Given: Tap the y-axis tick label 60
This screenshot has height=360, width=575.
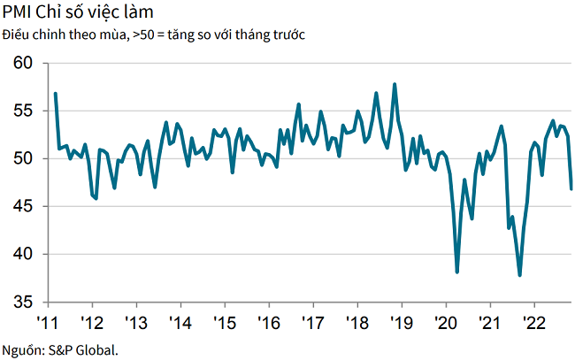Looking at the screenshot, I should (23, 64).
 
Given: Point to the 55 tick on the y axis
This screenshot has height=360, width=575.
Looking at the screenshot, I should (23, 111).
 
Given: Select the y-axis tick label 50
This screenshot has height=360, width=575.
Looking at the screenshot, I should (23, 159).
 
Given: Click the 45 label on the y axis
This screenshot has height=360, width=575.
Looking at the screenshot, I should (23, 207).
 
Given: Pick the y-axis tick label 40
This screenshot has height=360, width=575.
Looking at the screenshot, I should (23, 255).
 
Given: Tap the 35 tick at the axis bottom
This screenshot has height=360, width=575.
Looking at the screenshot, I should (23, 303).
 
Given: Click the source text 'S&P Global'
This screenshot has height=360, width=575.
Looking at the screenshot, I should (86, 349).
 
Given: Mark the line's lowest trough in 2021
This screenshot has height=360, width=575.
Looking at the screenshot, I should (520, 275).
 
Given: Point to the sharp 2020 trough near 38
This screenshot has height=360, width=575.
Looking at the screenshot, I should (457, 272).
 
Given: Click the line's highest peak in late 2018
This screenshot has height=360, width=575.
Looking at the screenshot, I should (394, 85).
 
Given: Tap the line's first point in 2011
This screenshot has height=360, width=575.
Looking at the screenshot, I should (55, 93).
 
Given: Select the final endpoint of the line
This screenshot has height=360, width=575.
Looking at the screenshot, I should (571, 188).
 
